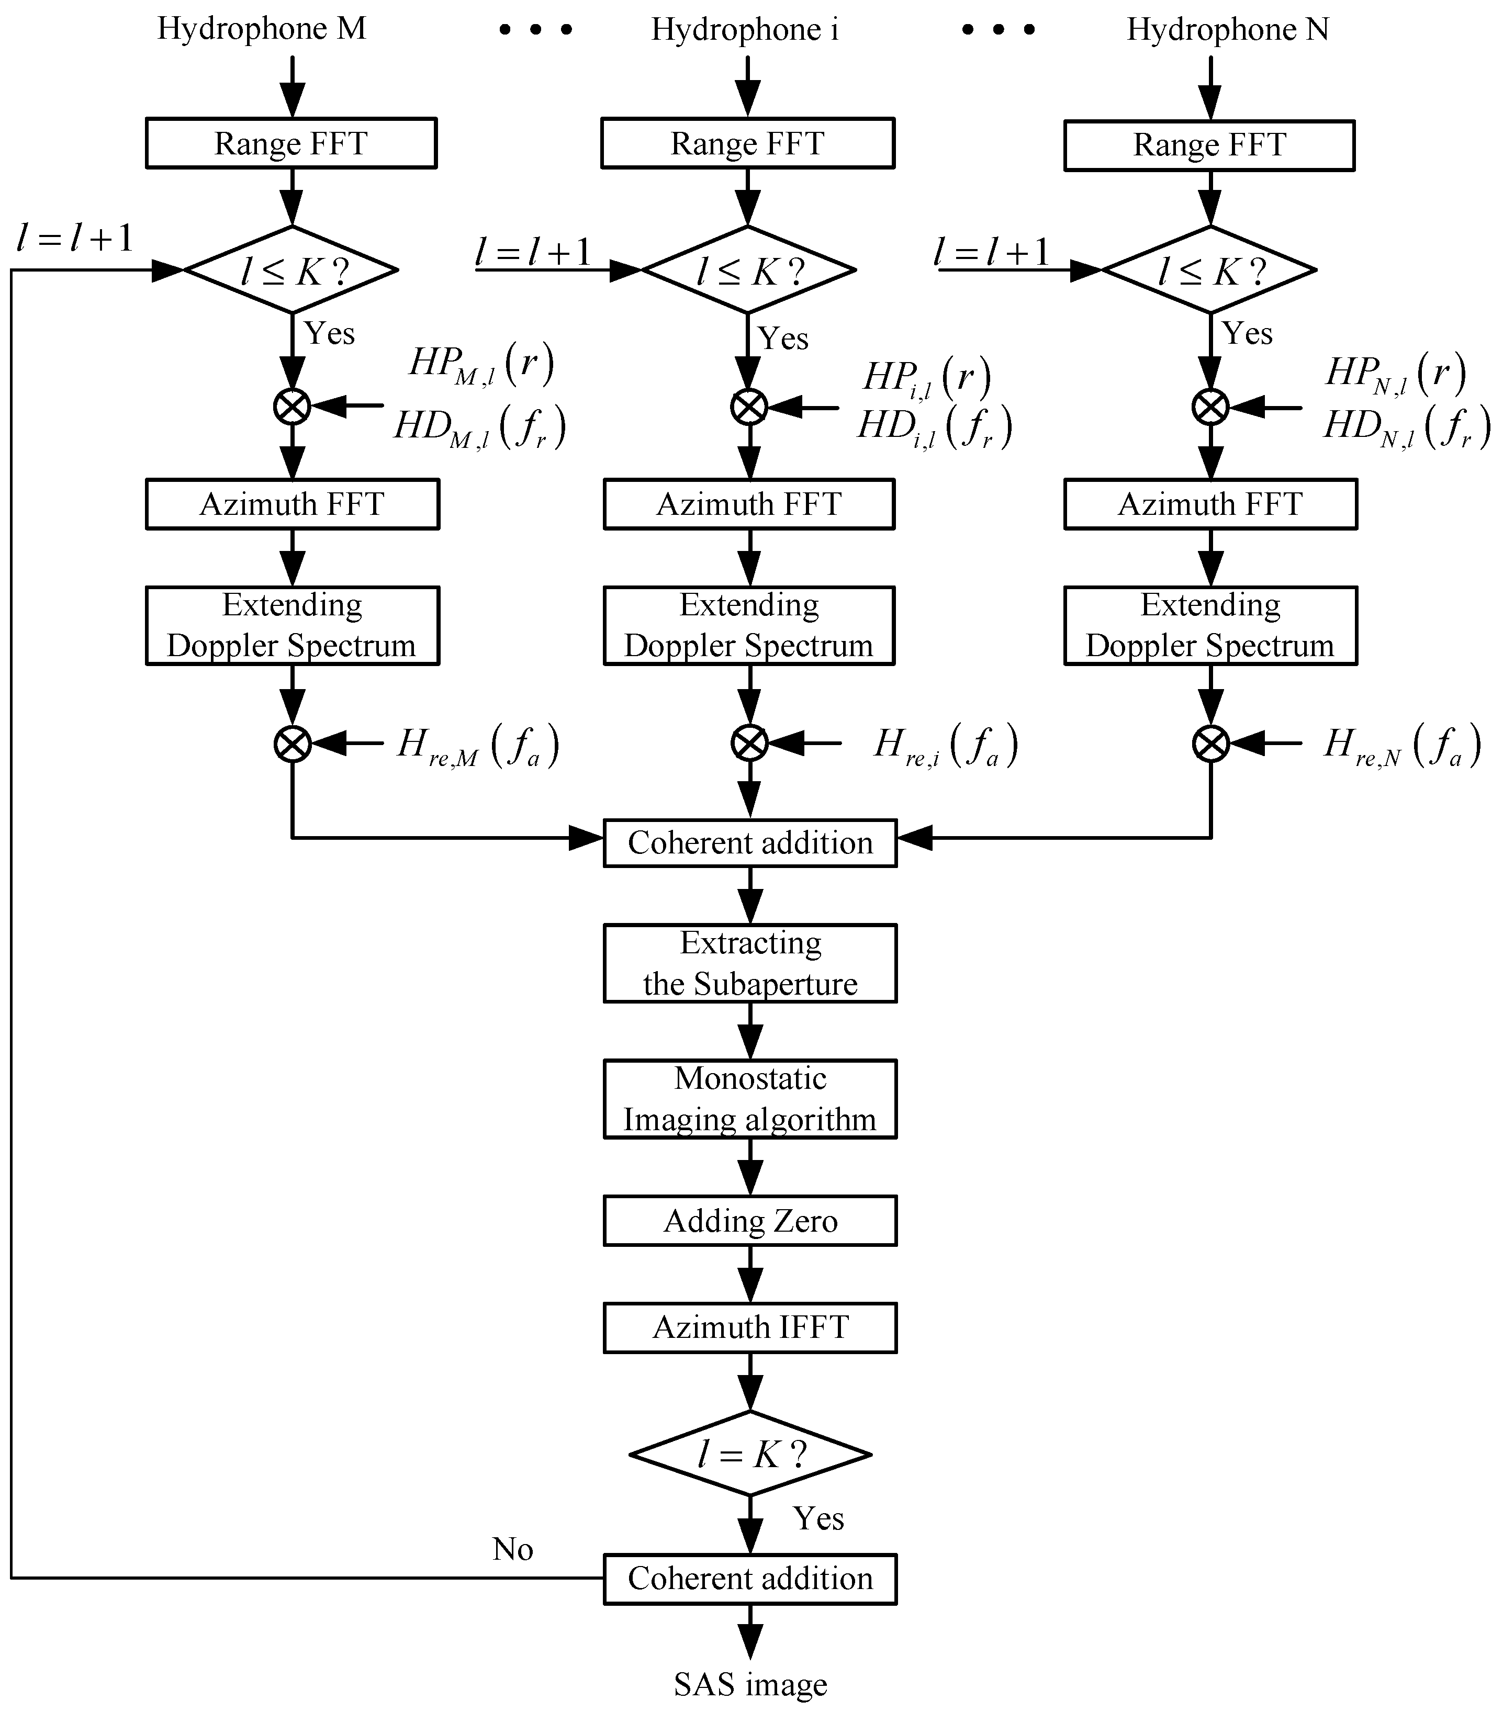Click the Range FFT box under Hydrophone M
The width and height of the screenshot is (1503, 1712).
[291, 143]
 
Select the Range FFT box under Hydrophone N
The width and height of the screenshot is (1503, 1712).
[1209, 145]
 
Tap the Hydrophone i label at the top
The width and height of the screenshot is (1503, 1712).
[744, 29]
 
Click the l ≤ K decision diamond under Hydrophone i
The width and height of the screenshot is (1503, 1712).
[748, 269]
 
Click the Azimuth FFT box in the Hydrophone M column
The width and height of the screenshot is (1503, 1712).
[291, 504]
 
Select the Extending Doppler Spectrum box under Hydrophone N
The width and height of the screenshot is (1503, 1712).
[1210, 626]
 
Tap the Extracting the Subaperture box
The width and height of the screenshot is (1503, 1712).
[750, 963]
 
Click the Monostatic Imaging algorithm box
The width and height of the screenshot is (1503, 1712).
[750, 1099]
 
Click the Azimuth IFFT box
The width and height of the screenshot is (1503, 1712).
[750, 1327]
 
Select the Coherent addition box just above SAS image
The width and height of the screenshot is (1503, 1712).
[750, 1579]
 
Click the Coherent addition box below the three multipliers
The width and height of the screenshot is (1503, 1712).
[750, 842]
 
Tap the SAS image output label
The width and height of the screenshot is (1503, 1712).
[750, 1684]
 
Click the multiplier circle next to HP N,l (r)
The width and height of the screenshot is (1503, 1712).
[1210, 407]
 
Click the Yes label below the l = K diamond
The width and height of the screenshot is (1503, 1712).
[817, 1518]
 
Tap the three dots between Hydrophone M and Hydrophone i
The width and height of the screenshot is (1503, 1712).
[535, 29]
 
